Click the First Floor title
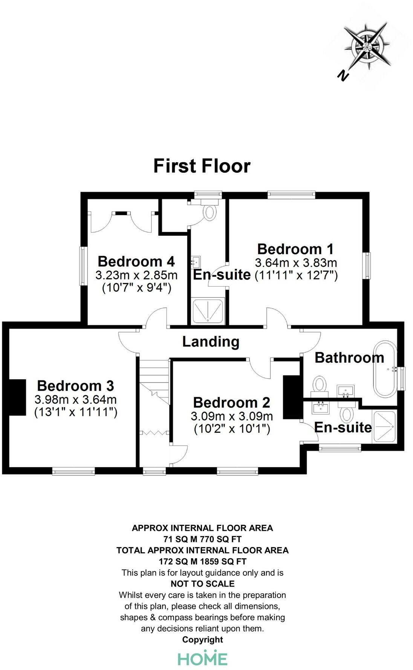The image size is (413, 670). pyautogui.click(x=202, y=166)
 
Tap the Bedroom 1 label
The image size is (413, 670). pyautogui.click(x=295, y=249)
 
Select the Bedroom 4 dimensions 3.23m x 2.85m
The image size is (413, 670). pyautogui.click(x=136, y=275)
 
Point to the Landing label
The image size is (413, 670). pyautogui.click(x=211, y=342)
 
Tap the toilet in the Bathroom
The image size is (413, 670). pyautogui.click(x=320, y=384)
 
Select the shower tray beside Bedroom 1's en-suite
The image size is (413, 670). pyautogui.click(x=208, y=311)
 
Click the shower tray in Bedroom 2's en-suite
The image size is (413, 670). pyautogui.click(x=384, y=426)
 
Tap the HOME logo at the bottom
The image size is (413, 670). pyautogui.click(x=202, y=658)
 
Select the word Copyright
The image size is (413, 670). pyautogui.click(x=202, y=639)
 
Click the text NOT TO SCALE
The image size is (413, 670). pyautogui.click(x=202, y=584)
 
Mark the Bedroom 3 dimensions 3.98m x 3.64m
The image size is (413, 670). pyautogui.click(x=75, y=399)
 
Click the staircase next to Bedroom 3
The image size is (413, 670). pyautogui.click(x=154, y=381)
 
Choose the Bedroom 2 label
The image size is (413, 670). pyautogui.click(x=231, y=403)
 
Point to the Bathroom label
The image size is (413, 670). pyautogui.click(x=349, y=358)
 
